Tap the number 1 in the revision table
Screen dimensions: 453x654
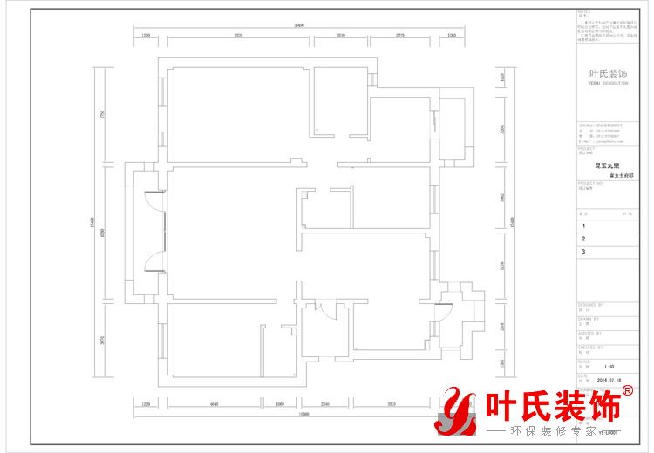click(x=583, y=226)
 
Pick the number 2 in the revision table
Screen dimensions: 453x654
click(x=583, y=239)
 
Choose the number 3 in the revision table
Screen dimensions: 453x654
click(x=583, y=252)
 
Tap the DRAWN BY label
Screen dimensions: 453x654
click(x=587, y=319)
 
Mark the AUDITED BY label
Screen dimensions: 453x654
click(x=588, y=332)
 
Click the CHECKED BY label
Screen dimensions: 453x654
click(x=588, y=346)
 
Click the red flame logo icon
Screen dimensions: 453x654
click(x=454, y=412)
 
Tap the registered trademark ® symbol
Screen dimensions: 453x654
click(x=628, y=392)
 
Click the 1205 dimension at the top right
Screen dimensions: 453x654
click(x=452, y=36)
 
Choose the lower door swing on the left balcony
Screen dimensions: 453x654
click(x=153, y=260)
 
